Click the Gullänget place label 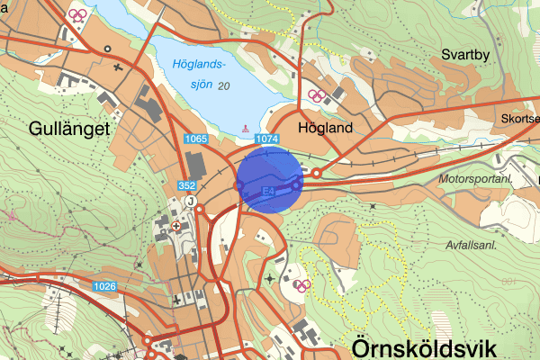67,128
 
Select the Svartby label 465,55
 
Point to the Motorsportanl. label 475,180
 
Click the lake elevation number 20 223,85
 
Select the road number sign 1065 196,139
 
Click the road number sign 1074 267,139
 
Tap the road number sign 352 187,184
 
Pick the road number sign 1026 104,286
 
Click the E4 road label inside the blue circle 268,192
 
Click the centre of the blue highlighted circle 269,181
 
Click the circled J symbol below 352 191,202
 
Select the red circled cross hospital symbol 176,226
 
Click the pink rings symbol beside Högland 316,95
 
